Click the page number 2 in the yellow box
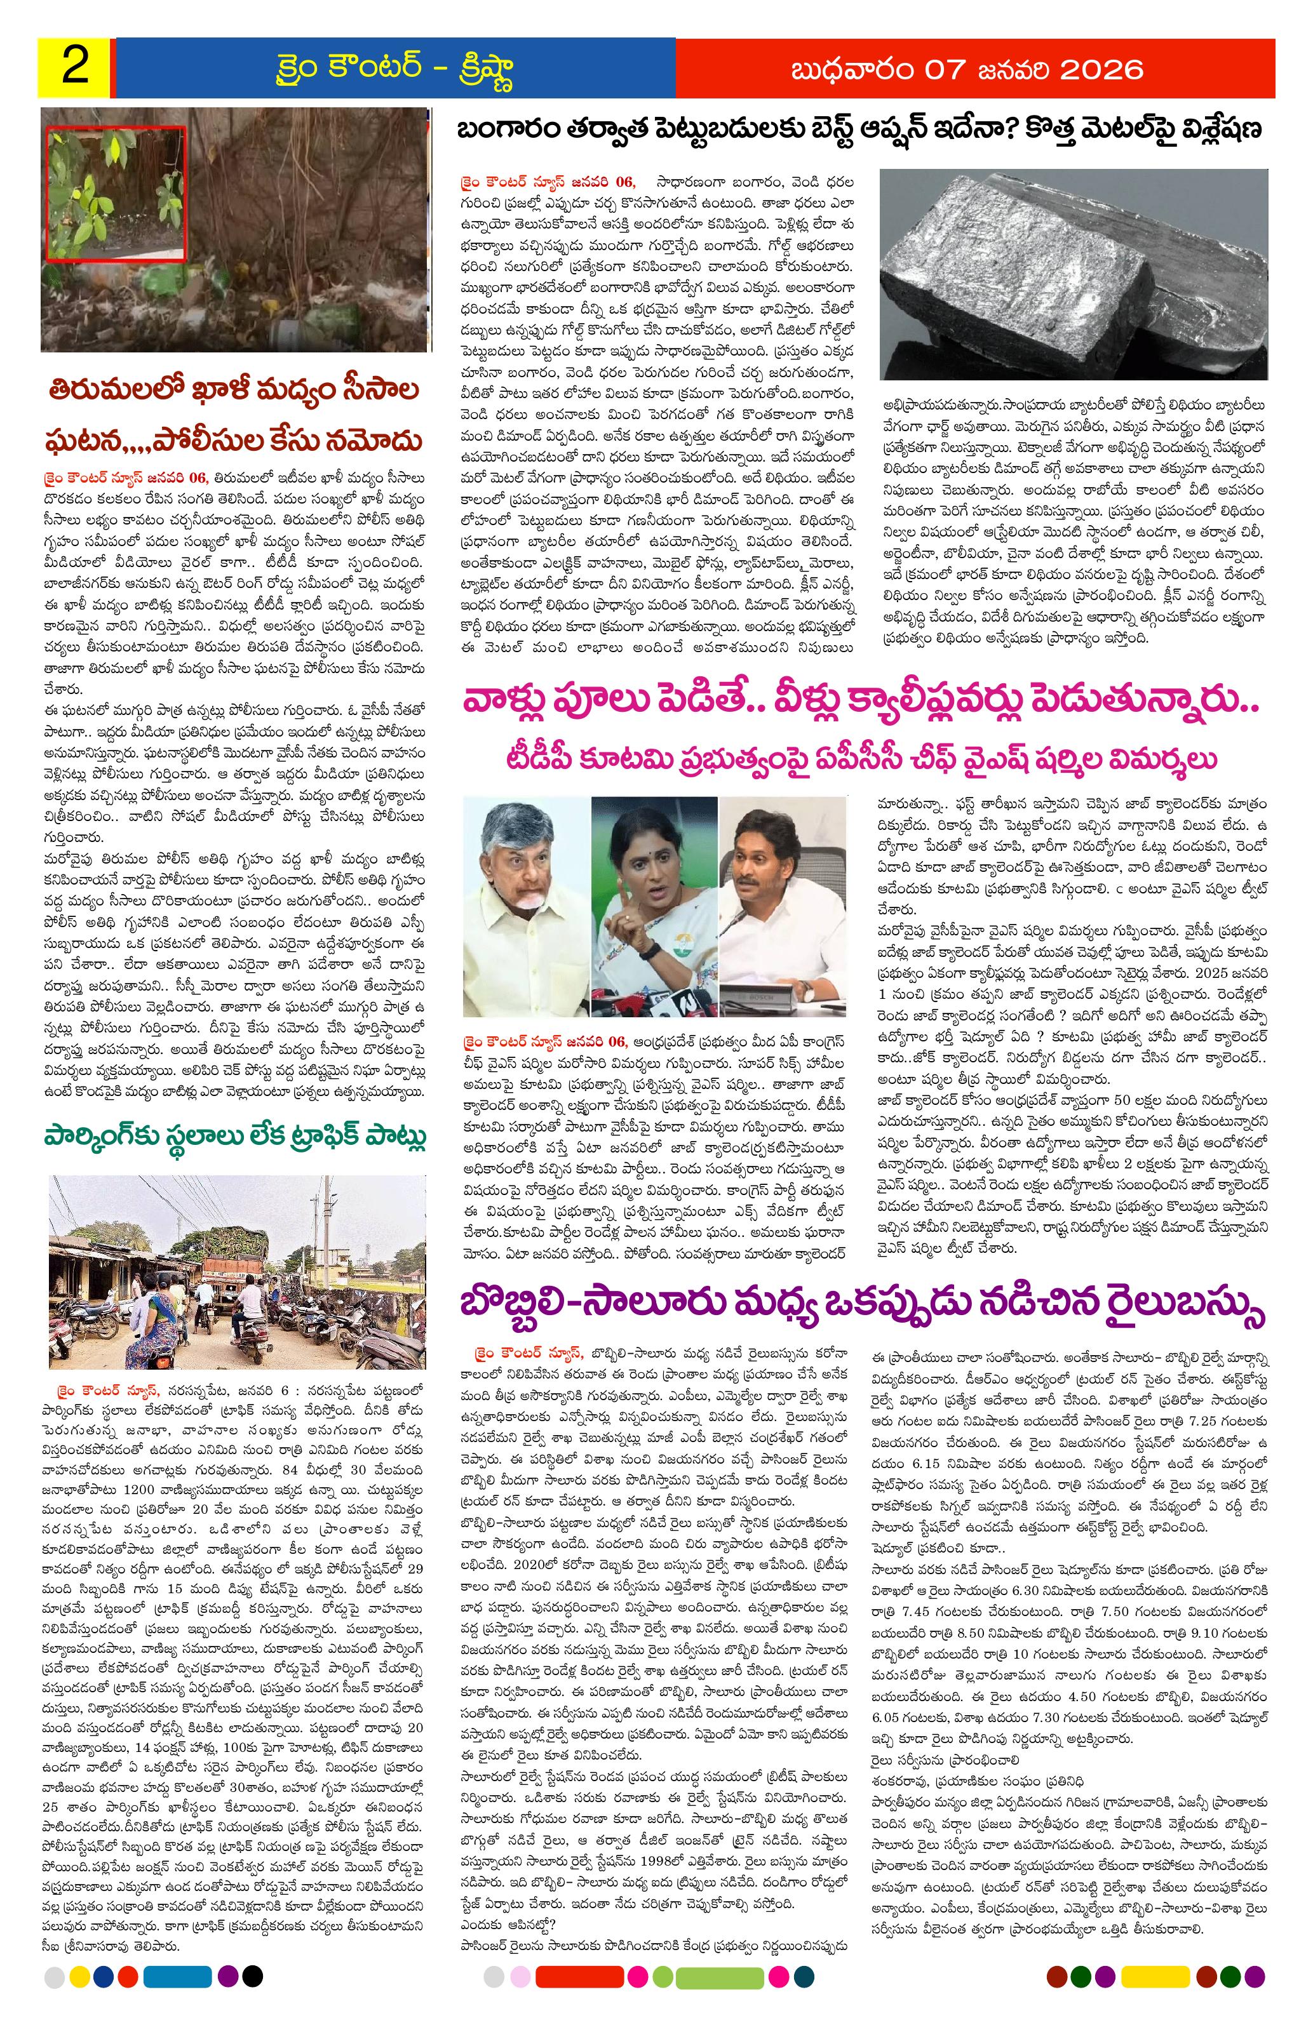[x=75, y=67]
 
